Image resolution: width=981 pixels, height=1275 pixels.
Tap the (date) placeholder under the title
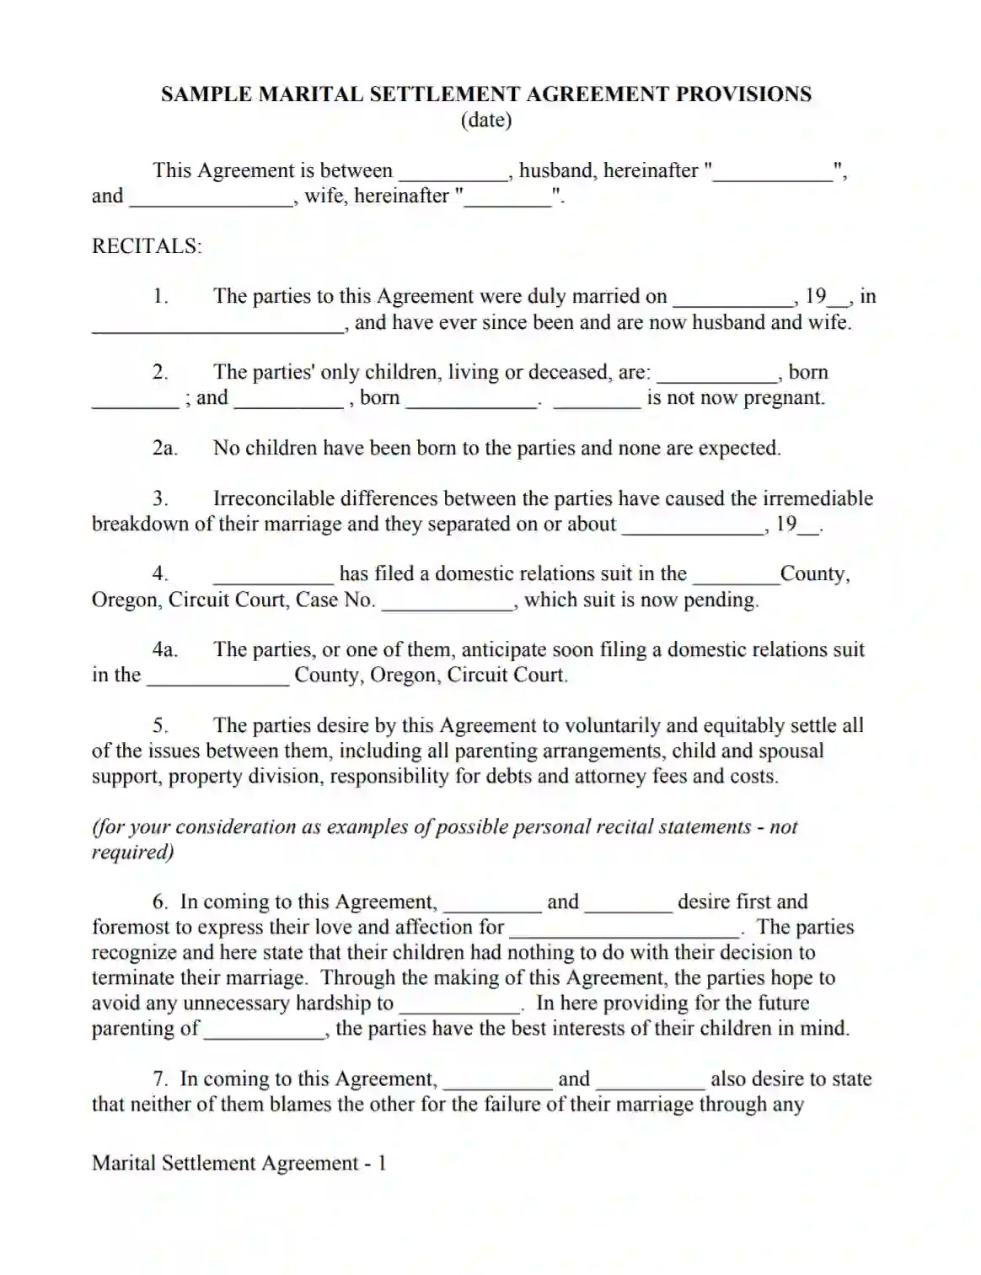point(486,120)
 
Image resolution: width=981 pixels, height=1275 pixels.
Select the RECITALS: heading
point(147,246)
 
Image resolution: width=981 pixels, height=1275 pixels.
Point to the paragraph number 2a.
point(164,448)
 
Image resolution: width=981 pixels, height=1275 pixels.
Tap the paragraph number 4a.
point(164,649)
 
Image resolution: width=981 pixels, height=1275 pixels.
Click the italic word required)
point(133,852)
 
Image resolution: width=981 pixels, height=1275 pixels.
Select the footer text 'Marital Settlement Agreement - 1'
point(239,1163)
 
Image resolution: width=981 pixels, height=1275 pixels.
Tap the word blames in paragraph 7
point(301,1104)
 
